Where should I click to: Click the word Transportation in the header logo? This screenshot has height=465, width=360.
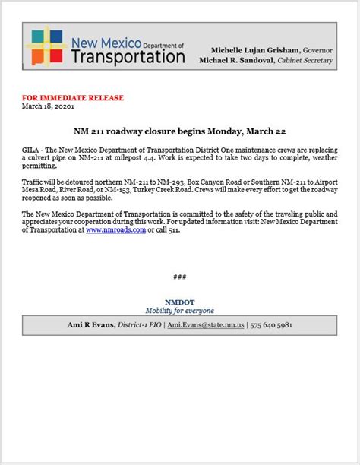coord(127,56)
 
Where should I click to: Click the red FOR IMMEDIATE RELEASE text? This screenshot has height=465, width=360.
coord(73,98)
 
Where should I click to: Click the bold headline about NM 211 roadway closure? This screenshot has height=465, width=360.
coord(179,131)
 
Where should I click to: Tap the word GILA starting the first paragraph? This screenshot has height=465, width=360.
coord(31,150)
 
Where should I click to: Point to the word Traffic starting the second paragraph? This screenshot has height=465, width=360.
coord(35,183)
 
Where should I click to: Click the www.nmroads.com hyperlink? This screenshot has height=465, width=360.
coord(115,229)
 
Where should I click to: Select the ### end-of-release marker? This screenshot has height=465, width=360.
coord(180,277)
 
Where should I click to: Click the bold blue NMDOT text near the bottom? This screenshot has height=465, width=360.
coord(180,302)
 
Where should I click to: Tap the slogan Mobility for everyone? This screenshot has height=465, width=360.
coord(180,311)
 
